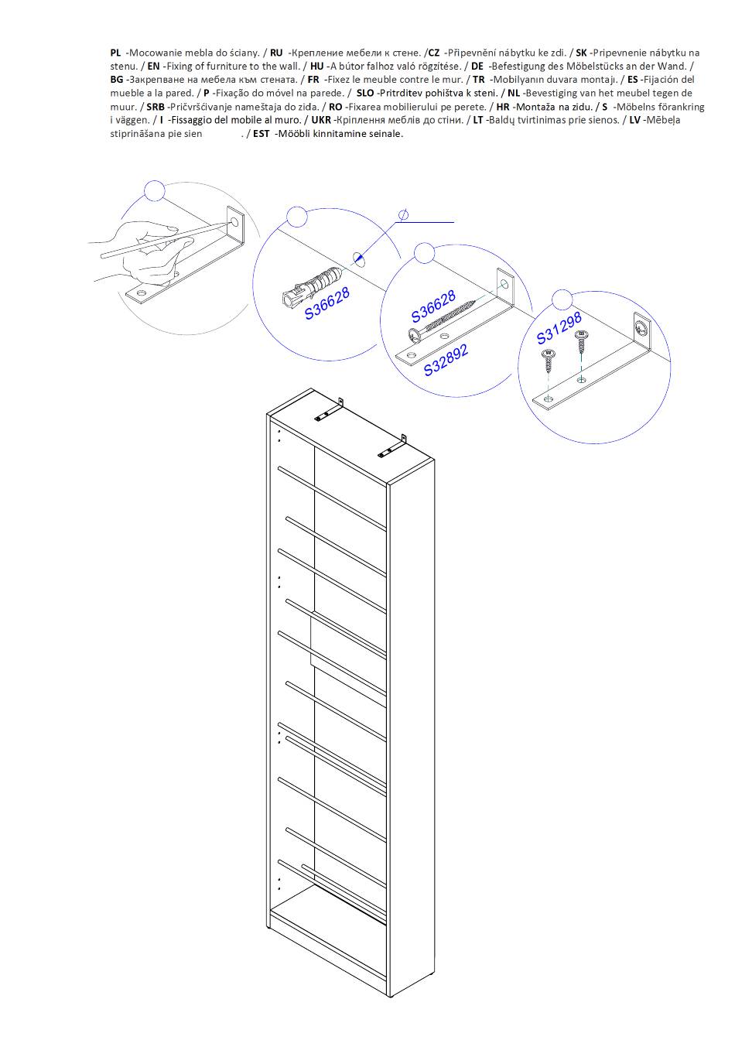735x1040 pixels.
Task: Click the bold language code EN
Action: tap(154, 67)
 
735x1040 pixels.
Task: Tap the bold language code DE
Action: tap(477, 67)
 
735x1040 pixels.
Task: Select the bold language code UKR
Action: tap(321, 120)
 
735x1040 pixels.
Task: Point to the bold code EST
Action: tap(261, 134)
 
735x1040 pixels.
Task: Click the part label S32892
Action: tap(446, 359)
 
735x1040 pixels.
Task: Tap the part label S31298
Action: tap(559, 328)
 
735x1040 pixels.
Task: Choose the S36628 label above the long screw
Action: tap(434, 306)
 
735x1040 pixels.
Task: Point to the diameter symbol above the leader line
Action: tap(404, 214)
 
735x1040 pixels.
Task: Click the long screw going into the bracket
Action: tap(443, 320)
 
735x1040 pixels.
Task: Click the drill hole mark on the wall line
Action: tap(358, 258)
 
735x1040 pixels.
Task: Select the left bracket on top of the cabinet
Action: tap(329, 410)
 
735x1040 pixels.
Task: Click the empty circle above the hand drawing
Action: tap(155, 191)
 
